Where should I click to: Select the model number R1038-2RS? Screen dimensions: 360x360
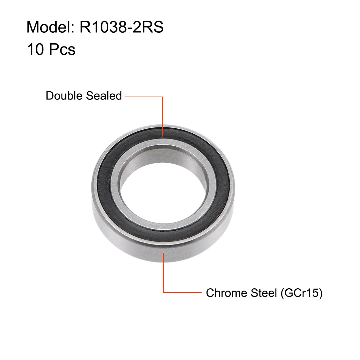pos(121,27)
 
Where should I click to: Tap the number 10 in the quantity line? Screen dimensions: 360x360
pos(35,50)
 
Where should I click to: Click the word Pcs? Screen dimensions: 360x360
pos(62,50)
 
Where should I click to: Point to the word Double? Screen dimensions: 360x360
pos(64,96)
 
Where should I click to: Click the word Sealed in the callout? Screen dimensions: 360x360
pos(104,96)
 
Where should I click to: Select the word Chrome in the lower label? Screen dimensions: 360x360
pos(226,293)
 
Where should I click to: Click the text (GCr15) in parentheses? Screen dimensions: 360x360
pos(301,293)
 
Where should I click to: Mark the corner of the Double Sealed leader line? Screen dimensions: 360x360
pos(163,97)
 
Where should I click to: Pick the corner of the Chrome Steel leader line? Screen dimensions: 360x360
pos(164,292)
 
